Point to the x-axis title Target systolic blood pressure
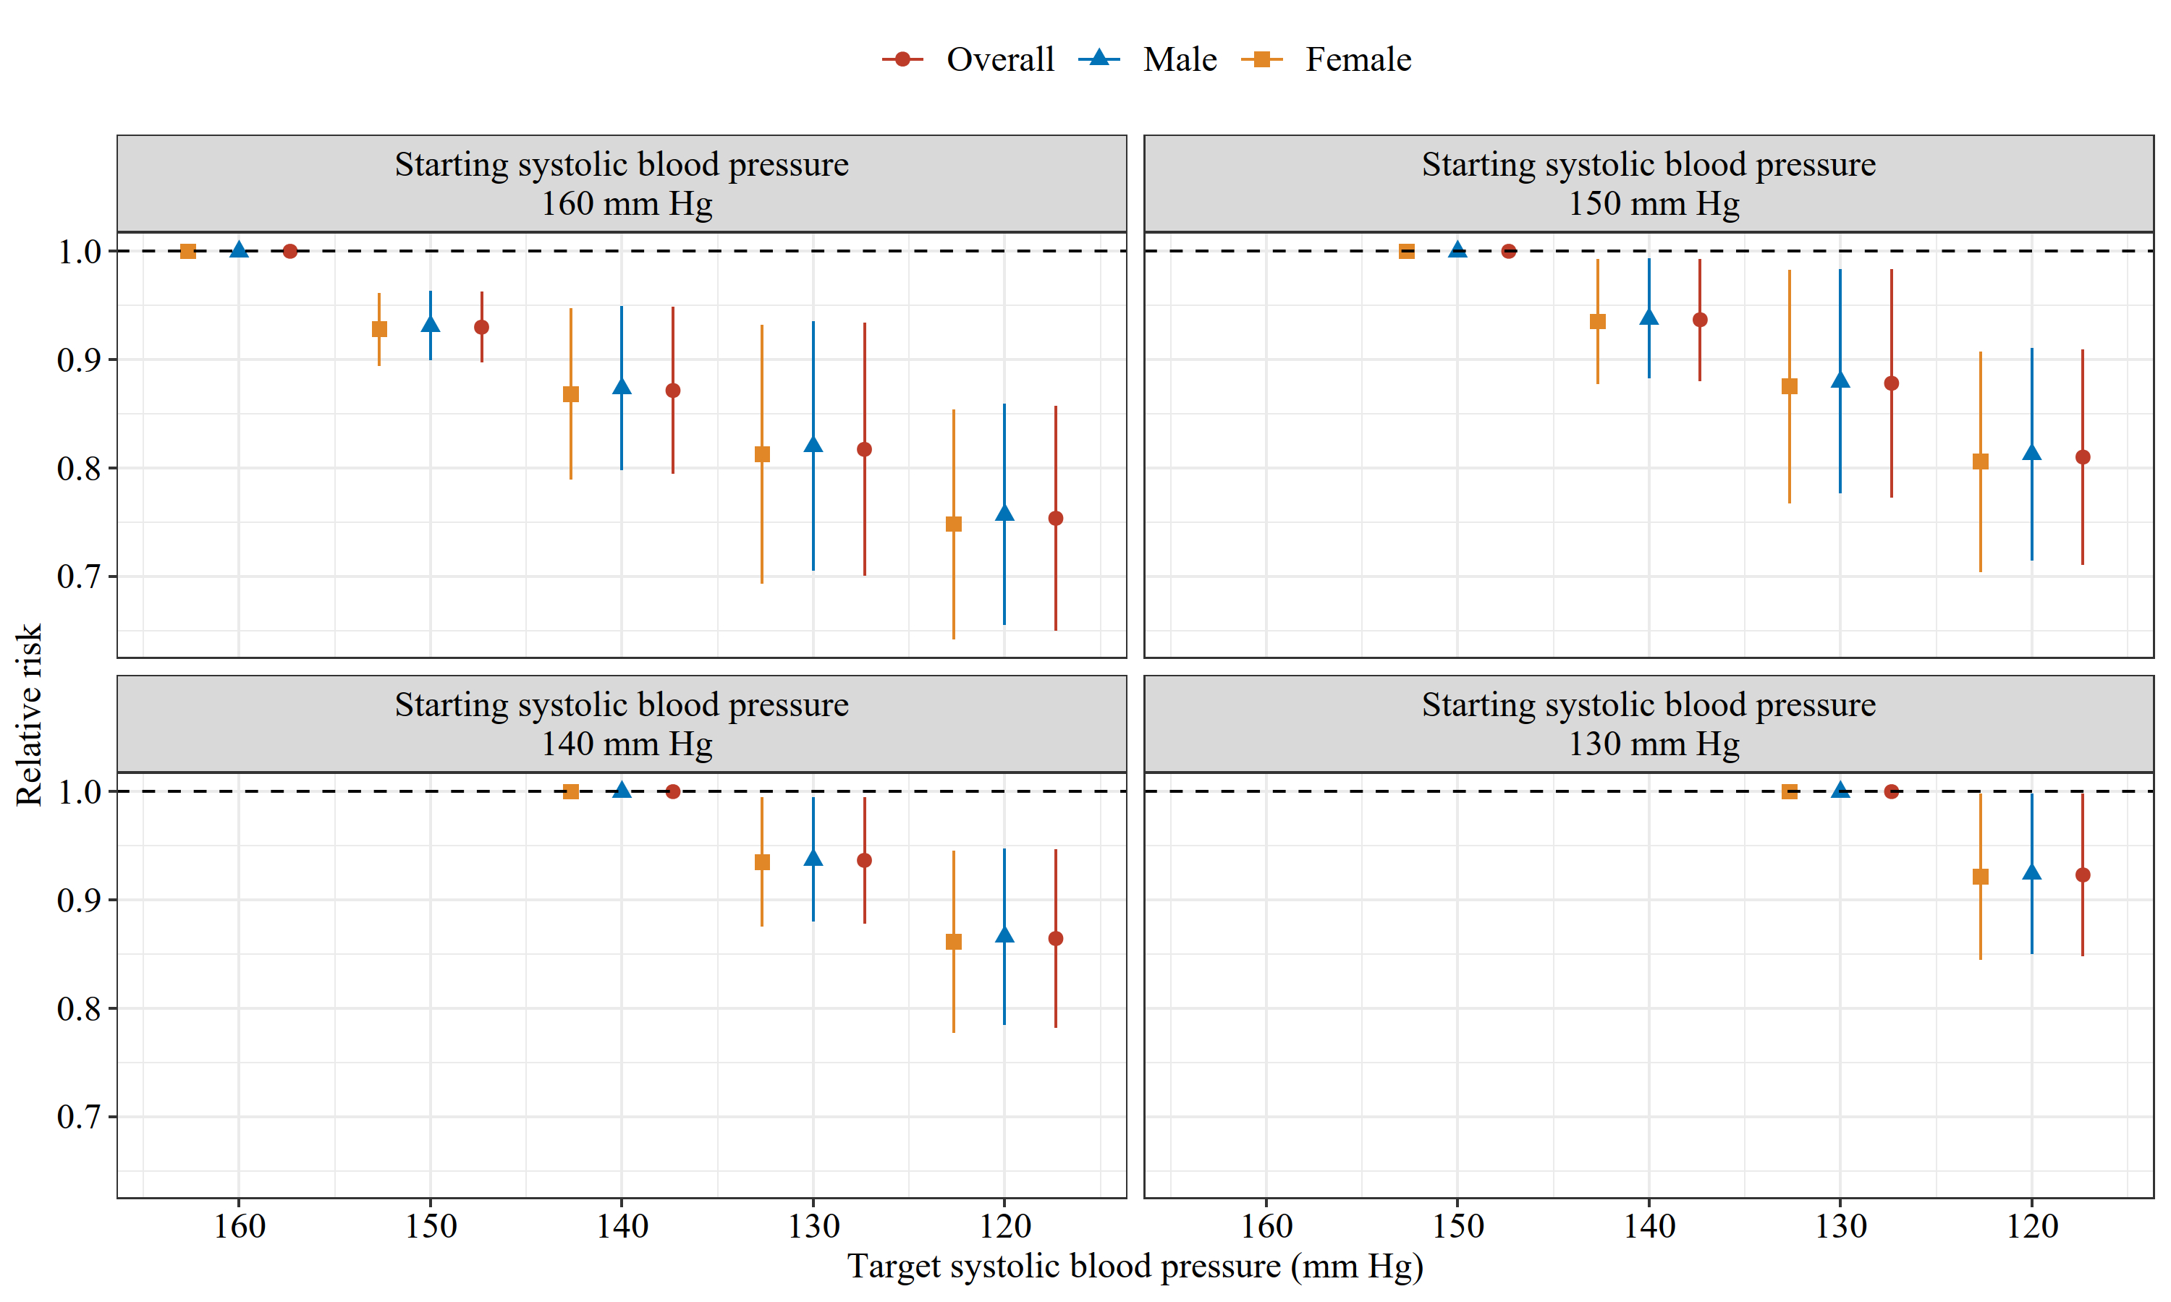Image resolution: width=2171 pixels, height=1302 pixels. click(x=1134, y=1265)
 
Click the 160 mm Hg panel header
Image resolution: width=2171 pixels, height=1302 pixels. click(x=622, y=184)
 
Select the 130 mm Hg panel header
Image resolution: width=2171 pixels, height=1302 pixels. click(x=1648, y=724)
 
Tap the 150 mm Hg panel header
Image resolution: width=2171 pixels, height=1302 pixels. click(x=1648, y=184)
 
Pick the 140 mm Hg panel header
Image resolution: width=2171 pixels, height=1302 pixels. click(x=622, y=724)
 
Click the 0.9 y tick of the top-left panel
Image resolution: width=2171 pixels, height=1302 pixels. click(x=79, y=359)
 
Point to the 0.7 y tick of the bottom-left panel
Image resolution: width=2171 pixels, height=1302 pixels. click(x=79, y=1117)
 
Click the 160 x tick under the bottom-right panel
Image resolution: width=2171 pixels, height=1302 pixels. click(x=1266, y=1225)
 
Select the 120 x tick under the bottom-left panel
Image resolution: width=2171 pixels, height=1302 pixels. click(x=1004, y=1225)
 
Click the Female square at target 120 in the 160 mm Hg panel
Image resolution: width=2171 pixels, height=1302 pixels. click(x=954, y=524)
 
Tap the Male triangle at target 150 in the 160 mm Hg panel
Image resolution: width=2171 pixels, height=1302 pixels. click(x=430, y=325)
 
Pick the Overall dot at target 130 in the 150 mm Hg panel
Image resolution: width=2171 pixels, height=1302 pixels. click(x=1891, y=383)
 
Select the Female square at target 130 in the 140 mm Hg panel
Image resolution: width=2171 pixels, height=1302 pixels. click(x=762, y=862)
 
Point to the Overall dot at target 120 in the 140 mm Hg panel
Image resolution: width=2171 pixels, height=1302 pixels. click(x=1056, y=939)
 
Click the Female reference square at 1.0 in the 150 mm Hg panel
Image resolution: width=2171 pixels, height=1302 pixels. click(x=1407, y=252)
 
